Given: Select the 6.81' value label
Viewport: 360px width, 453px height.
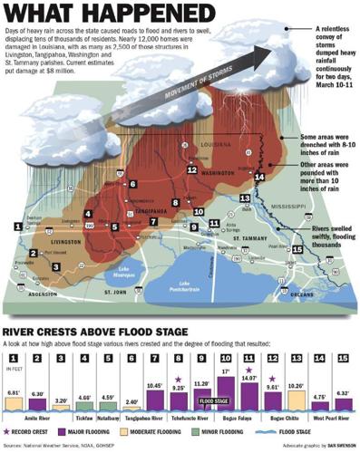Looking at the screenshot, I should [14, 392].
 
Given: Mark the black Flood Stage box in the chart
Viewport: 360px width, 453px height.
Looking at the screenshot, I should [214, 400].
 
